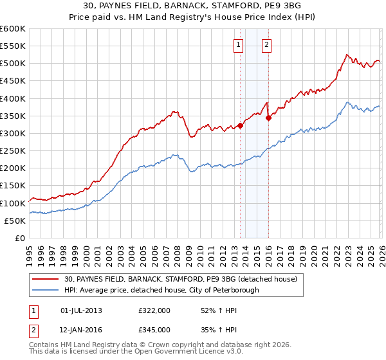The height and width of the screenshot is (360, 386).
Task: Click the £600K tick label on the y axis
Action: click(13, 29)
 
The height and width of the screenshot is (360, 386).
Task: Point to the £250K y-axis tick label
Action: click(13, 150)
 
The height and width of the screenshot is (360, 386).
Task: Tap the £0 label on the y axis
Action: click(19, 238)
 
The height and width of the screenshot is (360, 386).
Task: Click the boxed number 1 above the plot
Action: click(239, 45)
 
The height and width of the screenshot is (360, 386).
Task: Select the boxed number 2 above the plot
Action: click(266, 45)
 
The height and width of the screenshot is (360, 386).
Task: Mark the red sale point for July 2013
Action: click(240, 125)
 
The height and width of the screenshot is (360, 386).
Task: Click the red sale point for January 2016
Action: click(268, 118)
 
